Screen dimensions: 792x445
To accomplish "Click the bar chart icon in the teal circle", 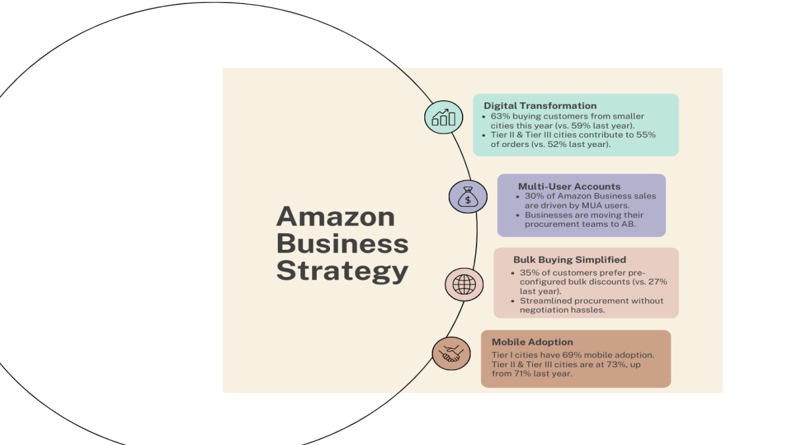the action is tap(444, 117).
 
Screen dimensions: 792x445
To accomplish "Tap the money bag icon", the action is tap(468, 196).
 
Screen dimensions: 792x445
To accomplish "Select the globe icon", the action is tap(464, 285).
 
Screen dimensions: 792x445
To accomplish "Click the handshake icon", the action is tap(451, 353).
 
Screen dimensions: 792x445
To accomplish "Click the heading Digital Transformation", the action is tap(540, 105).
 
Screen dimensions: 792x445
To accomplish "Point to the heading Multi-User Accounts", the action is tap(569, 186).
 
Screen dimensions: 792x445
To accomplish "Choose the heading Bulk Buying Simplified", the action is tap(570, 260).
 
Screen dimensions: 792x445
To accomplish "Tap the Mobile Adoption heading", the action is tap(532, 342).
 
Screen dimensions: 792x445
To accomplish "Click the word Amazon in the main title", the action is tap(335, 216).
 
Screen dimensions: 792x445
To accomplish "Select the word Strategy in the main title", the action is tap(343, 271).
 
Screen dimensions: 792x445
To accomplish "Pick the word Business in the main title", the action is tap(343, 243).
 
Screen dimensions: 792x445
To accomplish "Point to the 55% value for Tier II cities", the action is tap(646, 134).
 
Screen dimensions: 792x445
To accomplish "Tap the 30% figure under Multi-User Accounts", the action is tap(534, 196).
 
